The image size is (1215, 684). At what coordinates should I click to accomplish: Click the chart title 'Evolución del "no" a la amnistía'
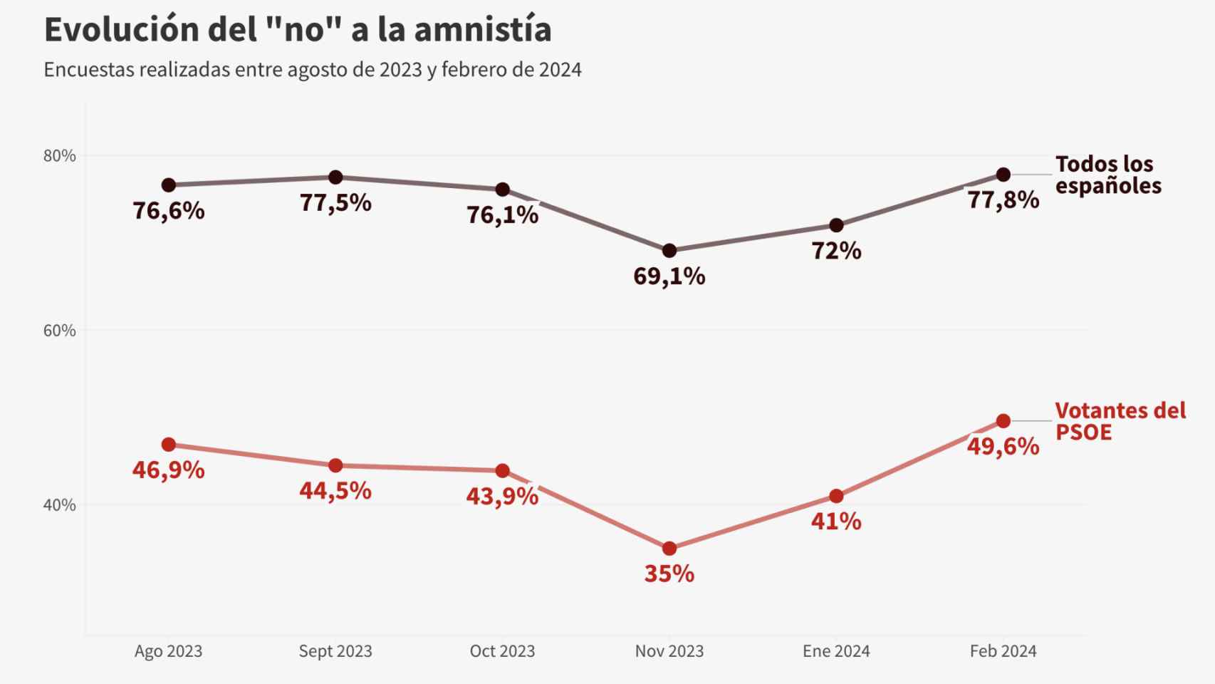(x=298, y=30)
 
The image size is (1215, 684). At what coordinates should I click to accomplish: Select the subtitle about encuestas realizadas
(x=313, y=70)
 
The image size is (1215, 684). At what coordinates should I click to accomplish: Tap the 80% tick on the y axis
(x=60, y=156)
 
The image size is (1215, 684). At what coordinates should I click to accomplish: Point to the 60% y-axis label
(x=60, y=331)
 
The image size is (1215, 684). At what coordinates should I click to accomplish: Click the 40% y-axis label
(x=60, y=505)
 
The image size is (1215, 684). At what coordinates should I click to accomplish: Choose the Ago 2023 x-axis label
(x=168, y=651)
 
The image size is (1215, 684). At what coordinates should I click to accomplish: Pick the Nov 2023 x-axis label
(x=669, y=651)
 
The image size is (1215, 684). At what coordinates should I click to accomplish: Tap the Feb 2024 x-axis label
(x=1003, y=651)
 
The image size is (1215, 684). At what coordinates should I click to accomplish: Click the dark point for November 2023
(x=669, y=251)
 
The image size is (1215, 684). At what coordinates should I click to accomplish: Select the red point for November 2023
(x=669, y=549)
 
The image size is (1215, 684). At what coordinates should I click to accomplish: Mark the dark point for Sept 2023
(x=335, y=177)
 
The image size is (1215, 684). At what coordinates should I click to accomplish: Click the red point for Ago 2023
(x=169, y=445)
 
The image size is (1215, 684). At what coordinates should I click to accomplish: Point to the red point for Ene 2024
(x=836, y=496)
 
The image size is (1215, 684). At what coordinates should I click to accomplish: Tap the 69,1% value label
(x=669, y=276)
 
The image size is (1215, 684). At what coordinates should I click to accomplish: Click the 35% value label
(x=669, y=574)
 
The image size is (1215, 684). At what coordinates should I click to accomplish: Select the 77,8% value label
(x=1003, y=200)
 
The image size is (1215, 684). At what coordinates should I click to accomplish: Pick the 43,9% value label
(x=502, y=497)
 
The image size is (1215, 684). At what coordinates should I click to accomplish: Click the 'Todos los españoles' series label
(x=1107, y=175)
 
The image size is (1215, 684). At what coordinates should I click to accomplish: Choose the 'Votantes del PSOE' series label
(x=1120, y=421)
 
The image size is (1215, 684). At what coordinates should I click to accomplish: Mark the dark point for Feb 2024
(x=1003, y=175)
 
